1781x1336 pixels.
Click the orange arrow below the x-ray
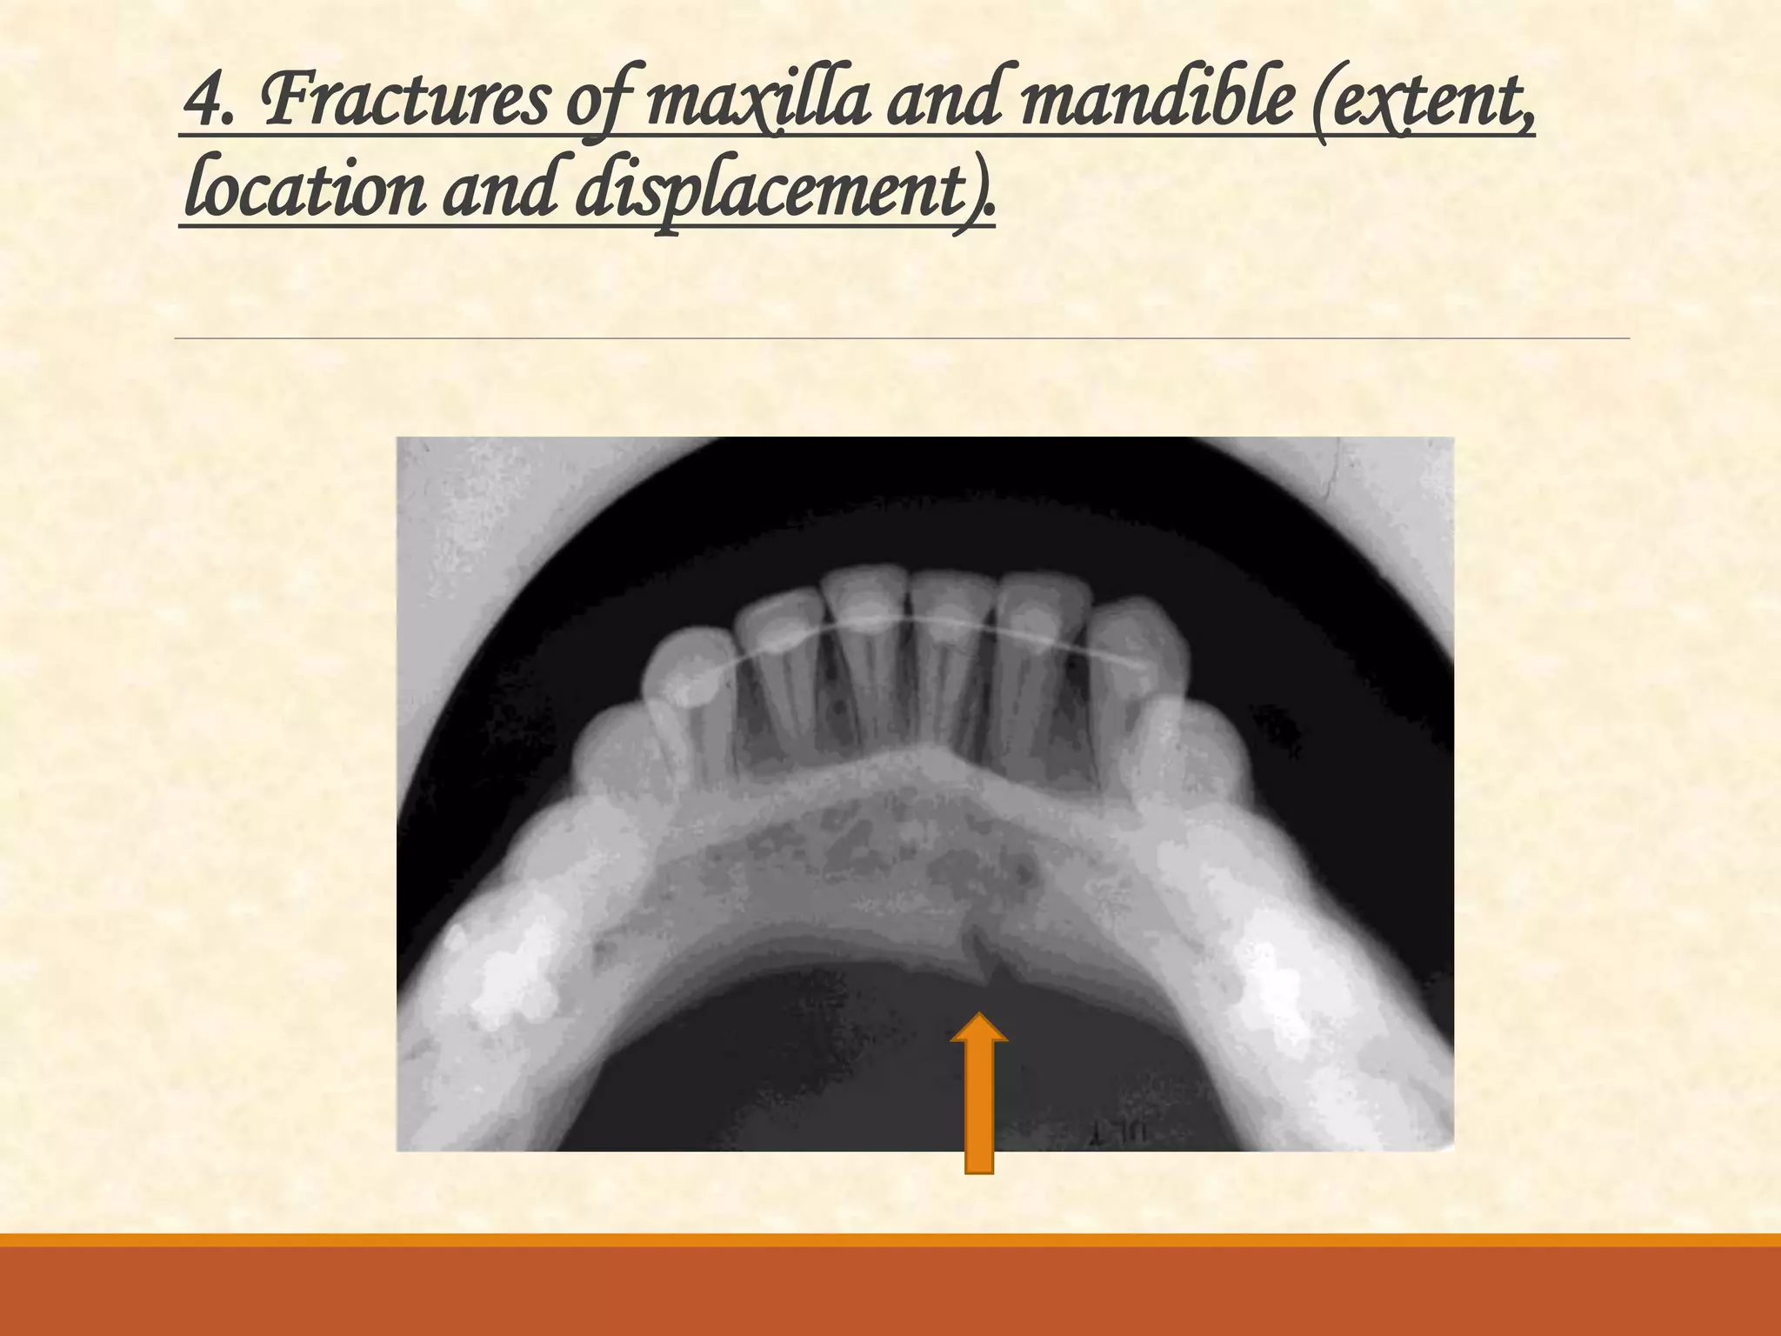point(979,1096)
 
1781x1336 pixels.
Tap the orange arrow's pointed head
point(979,1026)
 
